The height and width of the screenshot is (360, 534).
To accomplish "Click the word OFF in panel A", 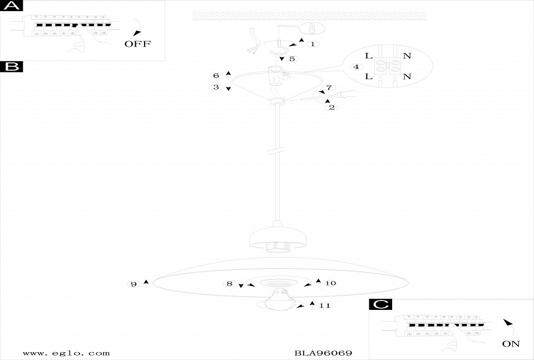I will (x=137, y=44).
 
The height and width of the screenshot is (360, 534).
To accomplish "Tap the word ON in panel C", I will (x=511, y=344).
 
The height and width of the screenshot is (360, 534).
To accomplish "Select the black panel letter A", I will (x=12, y=6).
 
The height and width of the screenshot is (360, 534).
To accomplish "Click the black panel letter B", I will (x=12, y=67).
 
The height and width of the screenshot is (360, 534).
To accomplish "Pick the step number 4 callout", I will (x=355, y=67).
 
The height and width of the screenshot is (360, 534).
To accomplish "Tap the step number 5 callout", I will (x=292, y=58).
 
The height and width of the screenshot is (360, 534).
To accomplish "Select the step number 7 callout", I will (x=329, y=88).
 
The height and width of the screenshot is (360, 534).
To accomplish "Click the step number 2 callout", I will (x=332, y=107).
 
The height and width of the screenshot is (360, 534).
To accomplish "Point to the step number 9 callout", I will (x=133, y=284).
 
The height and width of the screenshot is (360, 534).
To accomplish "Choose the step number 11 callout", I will (x=325, y=305).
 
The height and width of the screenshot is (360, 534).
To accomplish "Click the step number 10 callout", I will (x=330, y=283).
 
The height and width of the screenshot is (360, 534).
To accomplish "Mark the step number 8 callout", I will (x=230, y=284).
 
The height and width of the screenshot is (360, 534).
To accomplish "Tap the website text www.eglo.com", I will (x=66, y=353).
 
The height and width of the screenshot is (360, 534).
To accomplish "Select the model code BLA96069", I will (x=323, y=353).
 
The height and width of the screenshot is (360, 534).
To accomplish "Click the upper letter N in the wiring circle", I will (x=407, y=56).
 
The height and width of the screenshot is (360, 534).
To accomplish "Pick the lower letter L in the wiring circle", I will (x=369, y=76).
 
